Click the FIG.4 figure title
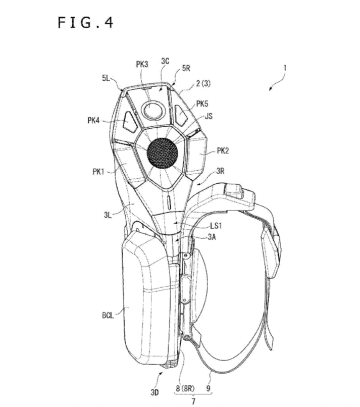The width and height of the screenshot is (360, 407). tap(85, 22)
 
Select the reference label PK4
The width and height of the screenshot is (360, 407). tap(93, 121)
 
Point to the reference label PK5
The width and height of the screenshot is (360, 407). tap(202, 104)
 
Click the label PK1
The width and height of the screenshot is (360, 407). tap(98, 172)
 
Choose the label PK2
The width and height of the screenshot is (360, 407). tap(223, 151)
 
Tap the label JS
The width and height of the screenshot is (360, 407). tap(209, 116)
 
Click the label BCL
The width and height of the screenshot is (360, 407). tap(108, 316)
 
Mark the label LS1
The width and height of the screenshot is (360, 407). tap(216, 226)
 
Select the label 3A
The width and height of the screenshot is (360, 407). tap(212, 237)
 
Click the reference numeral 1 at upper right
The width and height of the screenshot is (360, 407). tap(285, 68)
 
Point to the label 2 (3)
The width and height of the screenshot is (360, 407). tap(203, 83)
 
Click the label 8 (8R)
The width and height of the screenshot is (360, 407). tap(185, 388)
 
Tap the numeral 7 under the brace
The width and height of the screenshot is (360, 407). tap(193, 401)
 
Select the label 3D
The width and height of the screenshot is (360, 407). tap(155, 392)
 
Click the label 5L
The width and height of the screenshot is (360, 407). tap(106, 78)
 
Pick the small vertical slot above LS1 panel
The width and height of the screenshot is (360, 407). tap(169, 202)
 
